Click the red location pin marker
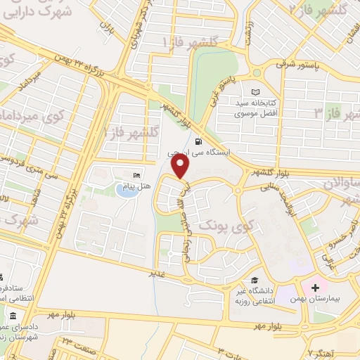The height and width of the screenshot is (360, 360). click(181, 167)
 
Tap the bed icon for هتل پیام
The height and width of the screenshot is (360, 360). click(136, 175)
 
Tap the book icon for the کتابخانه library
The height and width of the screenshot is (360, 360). click(255, 92)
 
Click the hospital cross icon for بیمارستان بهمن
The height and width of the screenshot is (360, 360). click(315, 288)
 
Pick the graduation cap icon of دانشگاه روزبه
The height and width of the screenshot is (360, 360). click(253, 281)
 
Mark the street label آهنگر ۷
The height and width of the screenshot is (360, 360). click(321, 351)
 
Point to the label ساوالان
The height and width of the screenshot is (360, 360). click(341, 184)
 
